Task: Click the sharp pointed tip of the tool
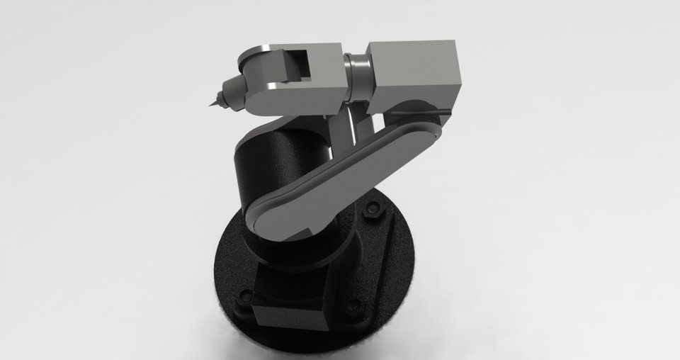[211, 106]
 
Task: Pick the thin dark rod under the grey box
[418, 111]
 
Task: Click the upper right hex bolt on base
[370, 210]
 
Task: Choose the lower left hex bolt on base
[245, 295]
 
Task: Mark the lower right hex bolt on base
[352, 307]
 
